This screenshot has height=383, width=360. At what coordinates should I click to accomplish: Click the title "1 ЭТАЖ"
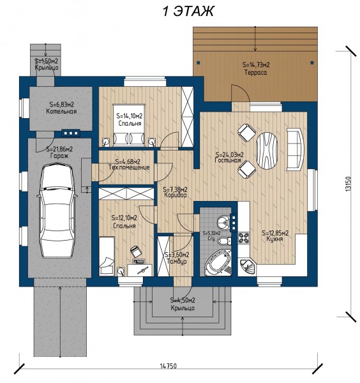(x=188, y=11)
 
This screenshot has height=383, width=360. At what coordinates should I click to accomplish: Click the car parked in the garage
(x=57, y=211)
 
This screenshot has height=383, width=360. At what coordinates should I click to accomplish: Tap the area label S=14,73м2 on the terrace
(x=256, y=64)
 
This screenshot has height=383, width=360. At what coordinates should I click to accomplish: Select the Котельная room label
(x=61, y=111)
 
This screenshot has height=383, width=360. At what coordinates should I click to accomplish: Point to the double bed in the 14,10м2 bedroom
(x=129, y=126)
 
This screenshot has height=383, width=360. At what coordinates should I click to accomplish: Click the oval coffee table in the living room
(x=267, y=150)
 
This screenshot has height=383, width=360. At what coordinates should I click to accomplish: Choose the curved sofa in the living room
(x=296, y=149)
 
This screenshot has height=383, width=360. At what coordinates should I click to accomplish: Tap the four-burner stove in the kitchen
(x=244, y=237)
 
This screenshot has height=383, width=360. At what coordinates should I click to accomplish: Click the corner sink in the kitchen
(x=247, y=266)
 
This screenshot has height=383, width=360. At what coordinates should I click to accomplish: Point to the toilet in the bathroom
(x=224, y=241)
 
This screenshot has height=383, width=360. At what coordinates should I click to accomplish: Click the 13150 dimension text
(x=348, y=184)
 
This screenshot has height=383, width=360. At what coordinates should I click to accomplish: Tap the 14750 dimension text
(x=169, y=366)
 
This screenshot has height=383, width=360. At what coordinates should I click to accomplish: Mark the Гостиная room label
(x=228, y=160)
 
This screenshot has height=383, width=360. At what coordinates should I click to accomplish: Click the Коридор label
(x=176, y=195)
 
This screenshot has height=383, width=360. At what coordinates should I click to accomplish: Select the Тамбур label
(x=177, y=261)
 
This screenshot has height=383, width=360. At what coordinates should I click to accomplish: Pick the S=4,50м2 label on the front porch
(x=183, y=300)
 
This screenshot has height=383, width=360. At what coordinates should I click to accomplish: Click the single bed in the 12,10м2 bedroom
(x=107, y=256)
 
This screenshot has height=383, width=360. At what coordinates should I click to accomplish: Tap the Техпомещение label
(x=129, y=167)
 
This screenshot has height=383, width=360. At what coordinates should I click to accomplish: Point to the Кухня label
(x=274, y=239)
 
